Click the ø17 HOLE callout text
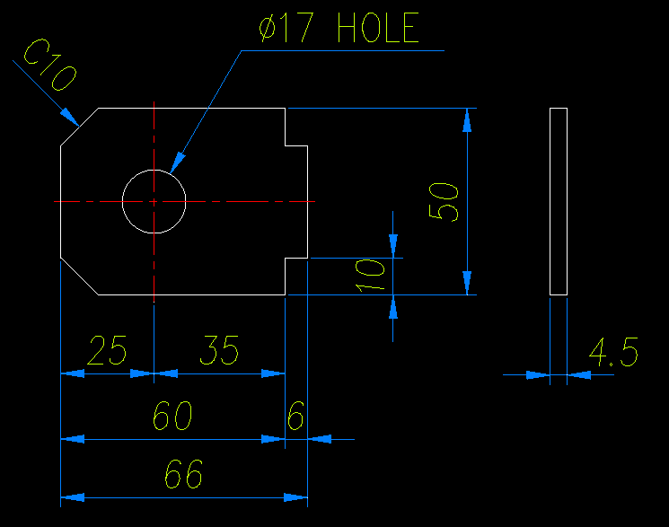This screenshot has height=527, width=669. coord(339,31)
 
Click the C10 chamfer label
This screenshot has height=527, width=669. coord(49,68)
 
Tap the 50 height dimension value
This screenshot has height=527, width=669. coord(445,201)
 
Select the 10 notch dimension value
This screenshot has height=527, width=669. coord(370,275)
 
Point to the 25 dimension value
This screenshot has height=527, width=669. coord(107,350)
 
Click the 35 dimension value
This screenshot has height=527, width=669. coord(219,350)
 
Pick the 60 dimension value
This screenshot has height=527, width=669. coord(172,417)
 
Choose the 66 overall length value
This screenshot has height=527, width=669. coord(183,474)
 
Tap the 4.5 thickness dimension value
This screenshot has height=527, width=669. coord(613,353)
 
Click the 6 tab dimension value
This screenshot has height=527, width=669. coord(295,417)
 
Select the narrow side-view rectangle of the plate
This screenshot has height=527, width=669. coord(558,201)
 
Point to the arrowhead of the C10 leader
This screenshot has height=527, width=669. coord(69,115)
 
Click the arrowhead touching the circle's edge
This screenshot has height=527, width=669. coord(176,162)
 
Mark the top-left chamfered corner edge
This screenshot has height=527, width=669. coord(79,127)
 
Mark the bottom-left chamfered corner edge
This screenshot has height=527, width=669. coord(79,277)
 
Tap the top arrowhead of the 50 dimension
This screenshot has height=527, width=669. coord(466,119)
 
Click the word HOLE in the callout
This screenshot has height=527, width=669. coord(378,31)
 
